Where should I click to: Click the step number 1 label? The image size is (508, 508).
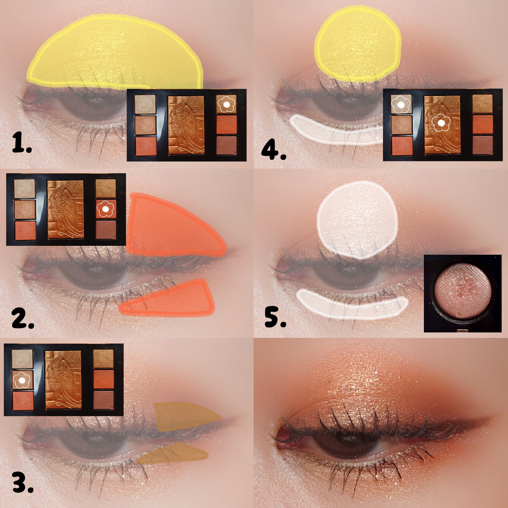click(x=22, y=143)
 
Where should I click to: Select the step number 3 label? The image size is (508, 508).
click(x=23, y=489)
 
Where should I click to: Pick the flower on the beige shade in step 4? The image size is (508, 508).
click(x=401, y=105)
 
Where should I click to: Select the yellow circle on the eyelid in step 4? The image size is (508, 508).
click(x=358, y=45)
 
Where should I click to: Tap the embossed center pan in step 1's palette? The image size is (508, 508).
click(x=186, y=125)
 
